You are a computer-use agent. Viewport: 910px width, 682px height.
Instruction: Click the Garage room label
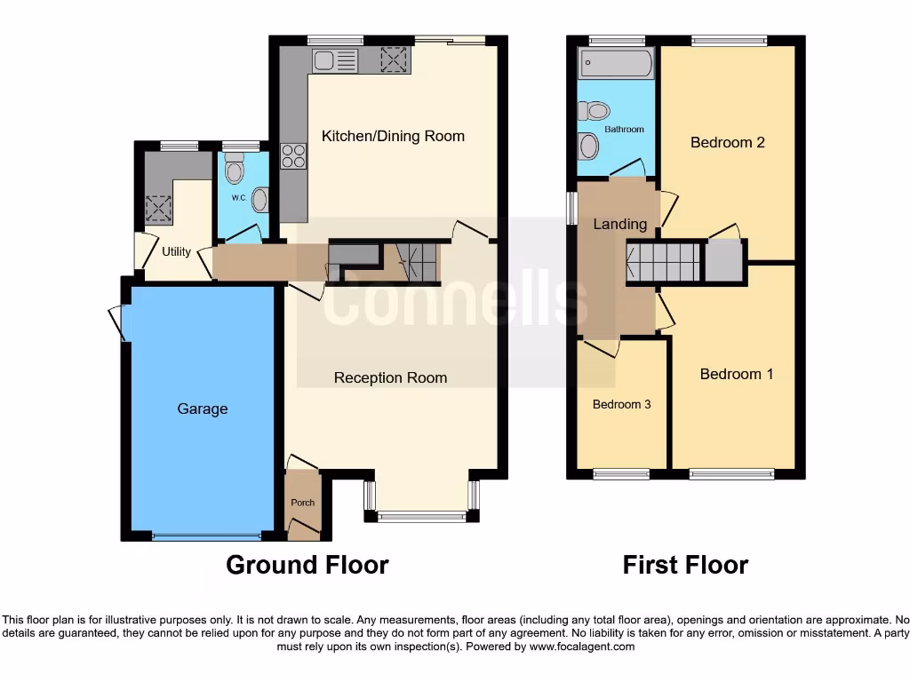(x=203, y=408)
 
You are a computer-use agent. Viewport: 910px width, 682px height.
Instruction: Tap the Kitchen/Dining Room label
(x=393, y=136)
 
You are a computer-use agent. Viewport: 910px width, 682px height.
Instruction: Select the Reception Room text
(x=390, y=377)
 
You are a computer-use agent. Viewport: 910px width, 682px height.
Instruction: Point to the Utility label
(x=176, y=251)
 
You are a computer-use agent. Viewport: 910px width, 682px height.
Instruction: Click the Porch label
(x=303, y=503)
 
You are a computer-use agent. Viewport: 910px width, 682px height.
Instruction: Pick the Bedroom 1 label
(x=737, y=374)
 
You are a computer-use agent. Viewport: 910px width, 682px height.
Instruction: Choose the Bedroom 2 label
(x=728, y=142)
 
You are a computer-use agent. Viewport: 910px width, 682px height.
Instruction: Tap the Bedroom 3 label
(x=622, y=404)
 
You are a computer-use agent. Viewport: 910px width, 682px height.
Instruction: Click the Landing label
(x=620, y=224)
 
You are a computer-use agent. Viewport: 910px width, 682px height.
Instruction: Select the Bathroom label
(x=624, y=130)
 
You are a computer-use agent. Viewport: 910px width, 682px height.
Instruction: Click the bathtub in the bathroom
(x=616, y=64)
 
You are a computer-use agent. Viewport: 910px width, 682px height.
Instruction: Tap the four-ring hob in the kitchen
(x=294, y=156)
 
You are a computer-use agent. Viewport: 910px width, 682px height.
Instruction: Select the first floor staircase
(x=665, y=263)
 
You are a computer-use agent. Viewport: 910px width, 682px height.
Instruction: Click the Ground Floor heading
(x=307, y=565)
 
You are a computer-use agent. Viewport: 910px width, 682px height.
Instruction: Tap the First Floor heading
(x=685, y=565)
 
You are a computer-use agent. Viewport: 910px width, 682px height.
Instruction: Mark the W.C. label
(x=238, y=197)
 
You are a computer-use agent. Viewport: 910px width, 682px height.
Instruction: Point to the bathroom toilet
(x=595, y=111)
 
